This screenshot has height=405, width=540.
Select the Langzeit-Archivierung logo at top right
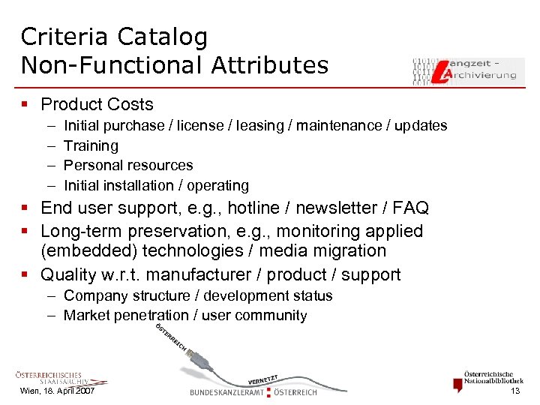467,70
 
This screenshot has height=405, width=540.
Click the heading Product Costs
97,105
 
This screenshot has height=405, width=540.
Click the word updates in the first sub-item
420,126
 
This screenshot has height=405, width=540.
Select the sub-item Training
91,145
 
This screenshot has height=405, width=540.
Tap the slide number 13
514,391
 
